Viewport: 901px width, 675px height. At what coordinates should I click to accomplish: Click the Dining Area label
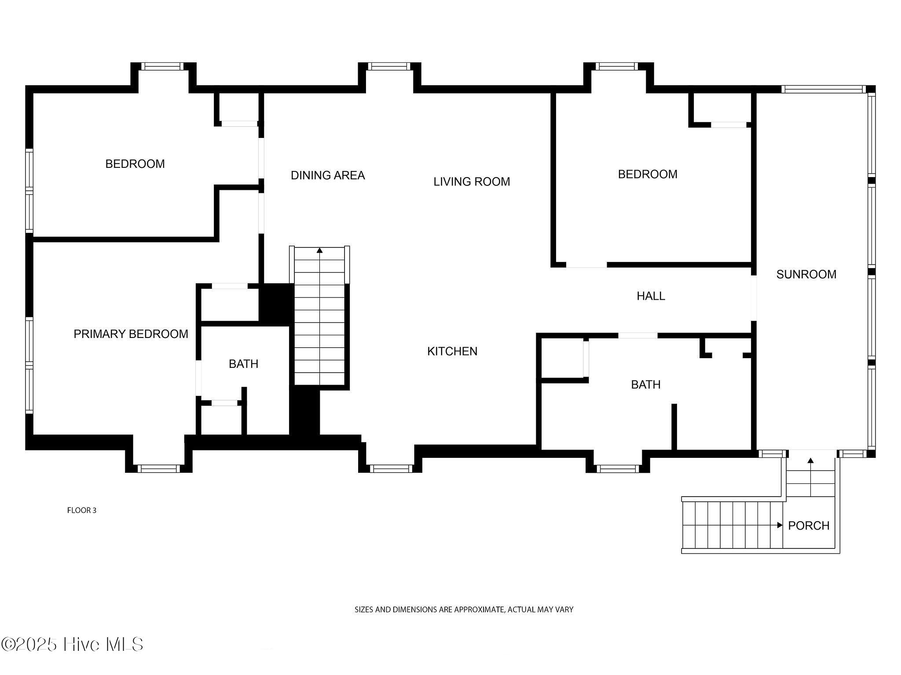tap(328, 175)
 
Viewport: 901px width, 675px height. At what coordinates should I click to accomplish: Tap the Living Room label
tap(472, 181)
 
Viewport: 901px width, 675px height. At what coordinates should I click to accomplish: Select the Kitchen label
tap(452, 351)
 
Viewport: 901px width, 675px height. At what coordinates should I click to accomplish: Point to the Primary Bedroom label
tap(131, 334)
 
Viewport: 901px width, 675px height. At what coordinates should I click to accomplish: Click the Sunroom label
tap(806, 274)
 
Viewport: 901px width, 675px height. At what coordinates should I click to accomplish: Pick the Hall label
tap(651, 296)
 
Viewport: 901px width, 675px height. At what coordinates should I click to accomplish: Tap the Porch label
tap(809, 526)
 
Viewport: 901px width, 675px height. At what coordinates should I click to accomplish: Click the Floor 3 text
tap(82, 510)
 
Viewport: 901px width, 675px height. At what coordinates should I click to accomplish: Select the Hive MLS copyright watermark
tap(72, 645)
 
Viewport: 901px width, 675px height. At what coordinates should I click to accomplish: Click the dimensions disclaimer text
tap(464, 610)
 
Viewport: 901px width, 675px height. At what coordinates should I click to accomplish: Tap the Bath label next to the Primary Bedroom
tap(243, 364)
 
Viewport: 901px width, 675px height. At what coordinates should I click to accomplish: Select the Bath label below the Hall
tap(646, 385)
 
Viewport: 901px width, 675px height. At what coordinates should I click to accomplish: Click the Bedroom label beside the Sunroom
tap(648, 174)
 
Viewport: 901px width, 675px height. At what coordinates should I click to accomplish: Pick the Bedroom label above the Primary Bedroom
tap(135, 164)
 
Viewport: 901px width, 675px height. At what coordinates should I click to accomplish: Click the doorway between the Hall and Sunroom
tap(754, 298)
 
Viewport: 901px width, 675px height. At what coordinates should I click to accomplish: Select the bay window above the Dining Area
tap(389, 66)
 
